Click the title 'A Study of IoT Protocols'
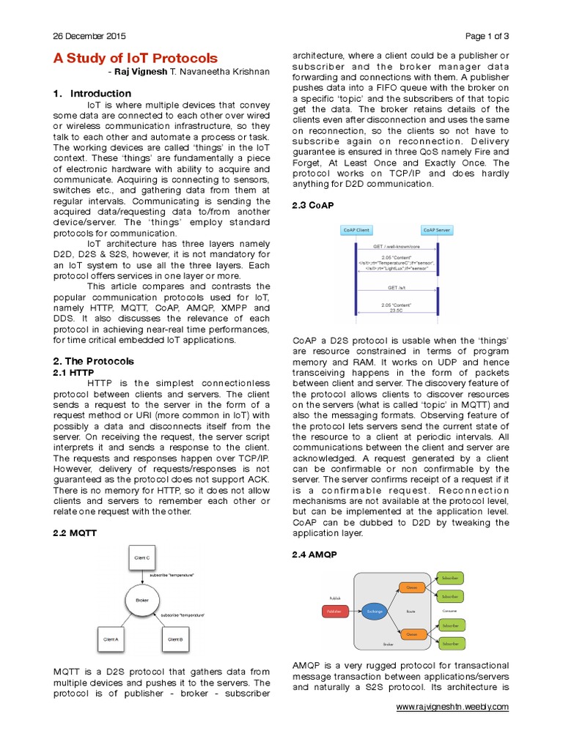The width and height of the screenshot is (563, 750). tap(135, 58)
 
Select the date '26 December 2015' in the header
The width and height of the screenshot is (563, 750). tap(89, 36)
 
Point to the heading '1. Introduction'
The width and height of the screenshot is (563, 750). tap(92, 94)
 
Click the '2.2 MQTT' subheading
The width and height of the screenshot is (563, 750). tap(75, 534)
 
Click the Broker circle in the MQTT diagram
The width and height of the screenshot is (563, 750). tap(142, 601)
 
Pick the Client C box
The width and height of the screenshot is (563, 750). tap(142, 558)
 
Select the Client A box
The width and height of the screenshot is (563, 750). tap(112, 639)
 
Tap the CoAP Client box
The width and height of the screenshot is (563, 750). tap(356, 230)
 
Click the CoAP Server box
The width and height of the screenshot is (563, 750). tap(437, 230)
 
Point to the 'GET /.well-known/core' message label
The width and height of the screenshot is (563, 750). tap(396, 247)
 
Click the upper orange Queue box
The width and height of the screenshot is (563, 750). tap(411, 587)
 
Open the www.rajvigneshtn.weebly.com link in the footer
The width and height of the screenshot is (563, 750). tap(452, 707)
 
